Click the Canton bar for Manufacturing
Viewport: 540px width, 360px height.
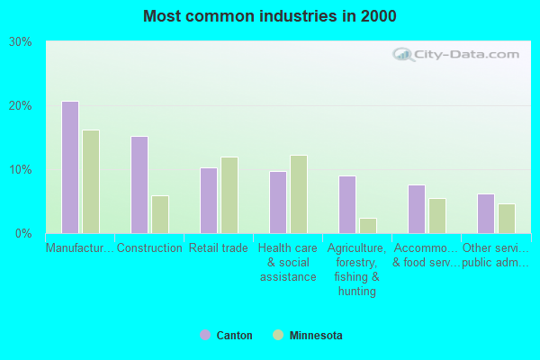click(70, 167)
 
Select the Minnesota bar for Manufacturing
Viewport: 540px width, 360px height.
click(91, 182)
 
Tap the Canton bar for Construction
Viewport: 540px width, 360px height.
click(139, 184)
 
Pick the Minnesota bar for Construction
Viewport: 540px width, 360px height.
click(160, 214)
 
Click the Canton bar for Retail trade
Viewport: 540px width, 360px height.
click(209, 200)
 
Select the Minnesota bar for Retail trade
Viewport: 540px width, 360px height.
click(229, 195)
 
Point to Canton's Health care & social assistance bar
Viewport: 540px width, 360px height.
click(278, 202)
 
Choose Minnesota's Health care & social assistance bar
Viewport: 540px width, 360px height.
click(299, 194)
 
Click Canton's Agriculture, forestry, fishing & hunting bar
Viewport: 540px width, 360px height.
click(347, 204)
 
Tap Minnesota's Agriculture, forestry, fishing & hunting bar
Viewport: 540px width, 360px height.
click(368, 225)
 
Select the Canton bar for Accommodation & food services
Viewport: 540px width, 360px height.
click(417, 209)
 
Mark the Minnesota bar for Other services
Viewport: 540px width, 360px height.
click(507, 218)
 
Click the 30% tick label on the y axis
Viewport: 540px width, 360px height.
click(21, 42)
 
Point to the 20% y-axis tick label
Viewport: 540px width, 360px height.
click(21, 106)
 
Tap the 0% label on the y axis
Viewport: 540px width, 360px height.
click(24, 234)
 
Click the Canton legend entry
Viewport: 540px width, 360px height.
click(226, 336)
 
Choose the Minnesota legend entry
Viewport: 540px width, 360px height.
click(307, 336)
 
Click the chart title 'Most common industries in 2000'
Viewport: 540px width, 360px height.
click(269, 16)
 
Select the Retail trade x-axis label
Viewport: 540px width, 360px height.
click(219, 248)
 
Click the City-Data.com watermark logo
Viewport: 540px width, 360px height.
click(459, 54)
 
